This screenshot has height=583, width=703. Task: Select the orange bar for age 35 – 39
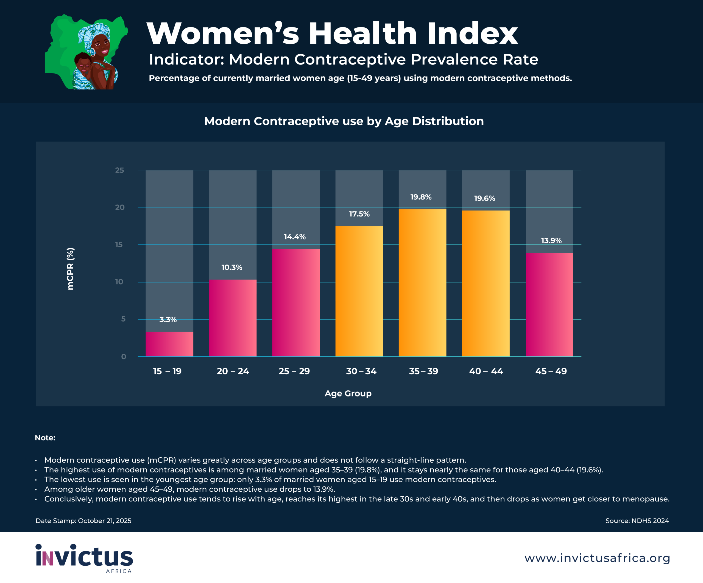click(x=422, y=283)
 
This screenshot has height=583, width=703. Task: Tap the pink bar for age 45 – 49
click(x=549, y=304)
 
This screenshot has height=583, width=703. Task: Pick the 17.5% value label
click(x=359, y=214)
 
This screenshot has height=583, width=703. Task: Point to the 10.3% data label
click(x=232, y=267)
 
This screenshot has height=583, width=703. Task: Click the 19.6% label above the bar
click(x=484, y=198)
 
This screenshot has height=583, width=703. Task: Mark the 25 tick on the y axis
click(x=119, y=170)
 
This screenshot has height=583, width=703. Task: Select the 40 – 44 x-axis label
click(x=486, y=371)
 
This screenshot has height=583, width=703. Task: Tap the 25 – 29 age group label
click(x=294, y=371)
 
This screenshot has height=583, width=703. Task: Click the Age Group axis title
click(x=348, y=393)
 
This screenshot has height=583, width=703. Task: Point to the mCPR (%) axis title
click(x=70, y=269)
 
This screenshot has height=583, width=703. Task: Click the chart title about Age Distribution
click(x=344, y=121)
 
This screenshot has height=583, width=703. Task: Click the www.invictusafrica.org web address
click(x=597, y=558)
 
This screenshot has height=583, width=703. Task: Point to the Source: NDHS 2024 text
click(x=637, y=521)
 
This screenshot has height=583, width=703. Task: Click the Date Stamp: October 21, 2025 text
click(x=83, y=521)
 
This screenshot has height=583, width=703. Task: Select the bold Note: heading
click(x=45, y=438)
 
